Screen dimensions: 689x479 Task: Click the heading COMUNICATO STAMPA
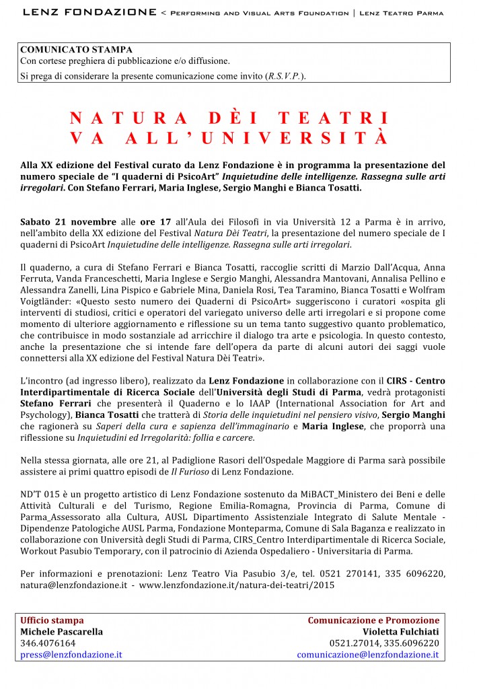coord(76,50)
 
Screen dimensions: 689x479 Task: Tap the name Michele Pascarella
coord(61,631)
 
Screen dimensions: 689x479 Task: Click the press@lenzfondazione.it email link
coord(71,654)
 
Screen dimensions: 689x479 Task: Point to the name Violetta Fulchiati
coord(401,631)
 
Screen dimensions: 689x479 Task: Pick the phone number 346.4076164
coord(48,643)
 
